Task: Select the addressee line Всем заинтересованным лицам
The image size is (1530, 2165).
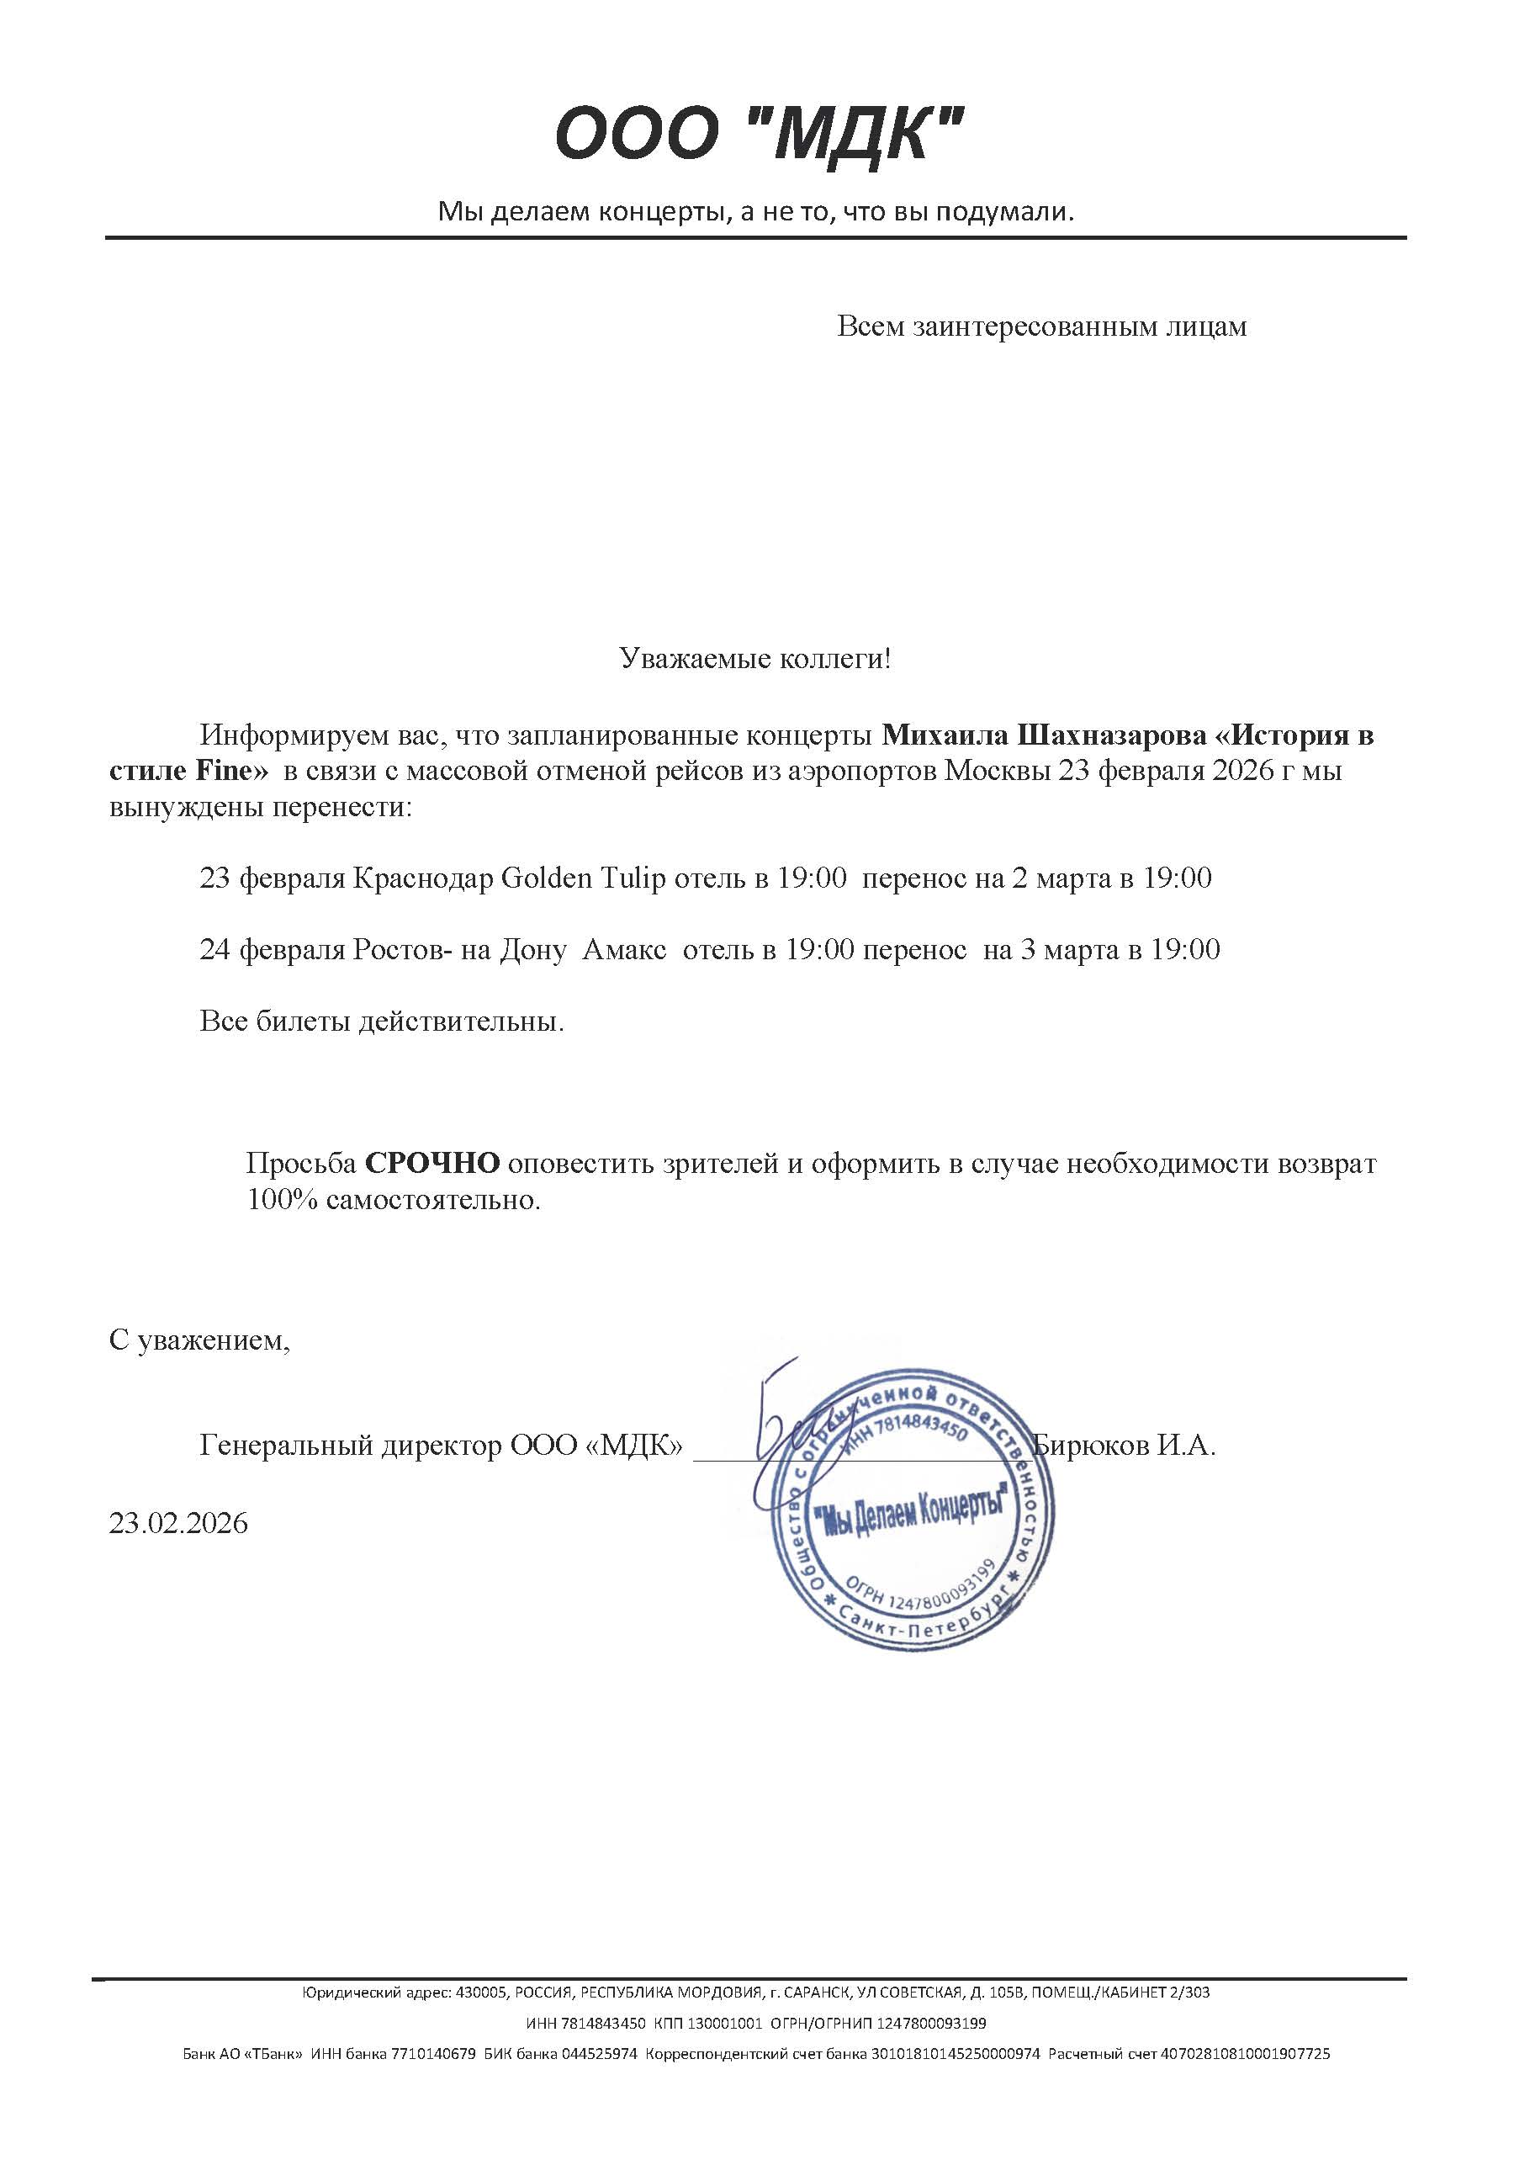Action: [1041, 327]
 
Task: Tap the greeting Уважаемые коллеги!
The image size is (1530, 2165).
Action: [755, 658]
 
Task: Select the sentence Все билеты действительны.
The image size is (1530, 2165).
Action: [382, 1021]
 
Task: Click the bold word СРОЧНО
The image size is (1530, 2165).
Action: [431, 1164]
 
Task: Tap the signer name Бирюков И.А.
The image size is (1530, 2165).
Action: [1124, 1446]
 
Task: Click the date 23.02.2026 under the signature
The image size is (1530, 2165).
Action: [178, 1524]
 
